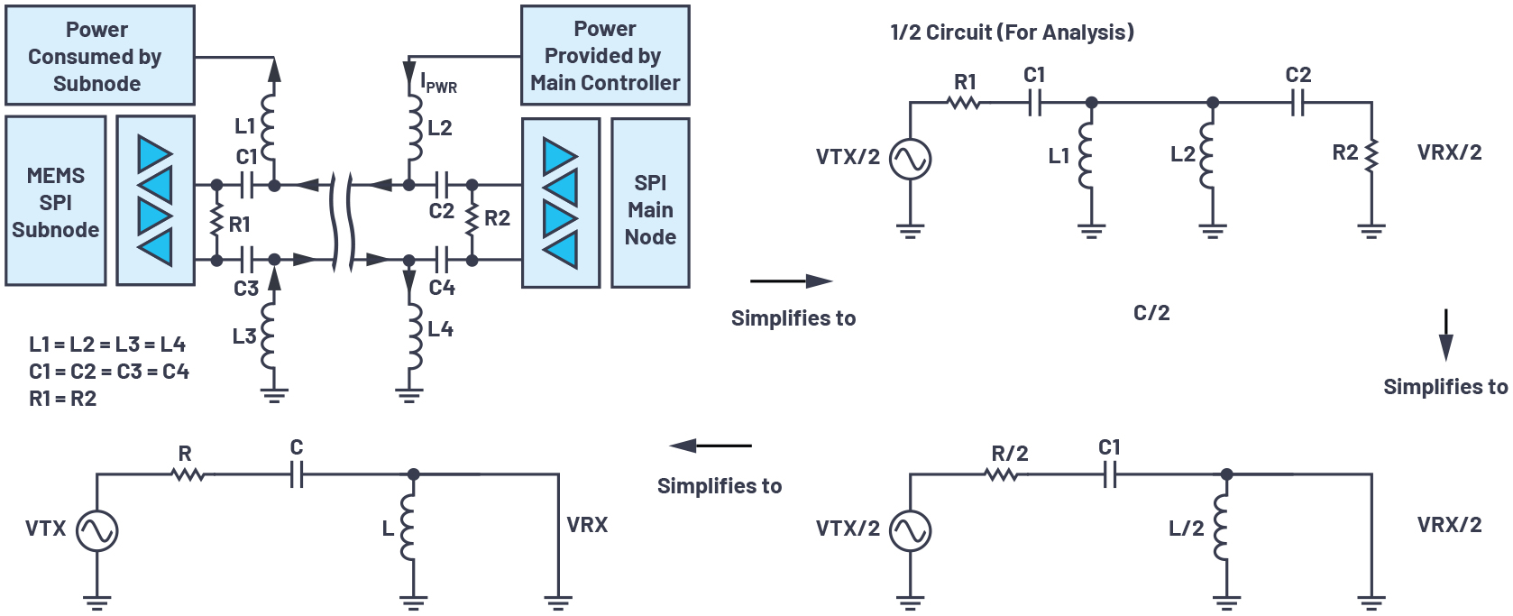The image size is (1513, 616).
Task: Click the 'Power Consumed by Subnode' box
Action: [x=100, y=56]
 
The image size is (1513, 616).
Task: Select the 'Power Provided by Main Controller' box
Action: [x=605, y=56]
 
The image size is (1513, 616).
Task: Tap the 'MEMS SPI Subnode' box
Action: [x=56, y=202]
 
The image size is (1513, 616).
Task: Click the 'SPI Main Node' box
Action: [x=650, y=209]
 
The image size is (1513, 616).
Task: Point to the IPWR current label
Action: [x=438, y=84]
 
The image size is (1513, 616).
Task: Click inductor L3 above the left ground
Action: [x=269, y=336]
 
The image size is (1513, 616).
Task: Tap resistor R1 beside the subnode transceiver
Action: [x=216, y=222]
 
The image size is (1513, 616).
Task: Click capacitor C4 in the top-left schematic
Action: [x=441, y=260]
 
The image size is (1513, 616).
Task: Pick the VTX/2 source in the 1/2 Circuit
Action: [x=910, y=160]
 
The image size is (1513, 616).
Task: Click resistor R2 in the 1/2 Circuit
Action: [x=1371, y=155]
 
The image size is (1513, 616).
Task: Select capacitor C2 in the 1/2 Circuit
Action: [x=1298, y=104]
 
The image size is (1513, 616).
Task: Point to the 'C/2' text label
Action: [x=1151, y=313]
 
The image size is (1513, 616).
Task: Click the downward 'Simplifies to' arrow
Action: [x=1445, y=336]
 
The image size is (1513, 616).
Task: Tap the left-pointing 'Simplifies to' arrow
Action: [x=710, y=446]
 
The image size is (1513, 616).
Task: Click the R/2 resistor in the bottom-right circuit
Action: [x=1002, y=473]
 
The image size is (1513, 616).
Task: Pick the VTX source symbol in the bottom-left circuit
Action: [x=96, y=530]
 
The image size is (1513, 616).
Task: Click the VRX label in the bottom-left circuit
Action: [x=587, y=525]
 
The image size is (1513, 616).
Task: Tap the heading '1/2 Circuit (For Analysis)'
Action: [x=1012, y=32]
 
